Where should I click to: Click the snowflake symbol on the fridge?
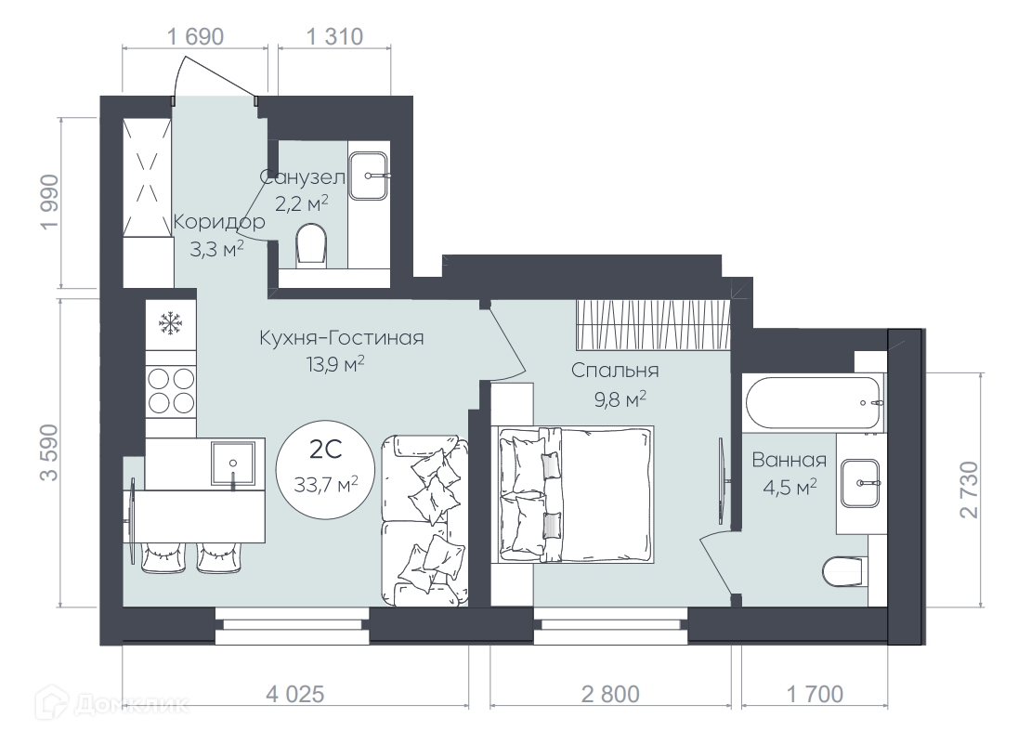170,322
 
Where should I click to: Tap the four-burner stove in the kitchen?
171,391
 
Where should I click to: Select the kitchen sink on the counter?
232,463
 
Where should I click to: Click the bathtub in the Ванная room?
813,402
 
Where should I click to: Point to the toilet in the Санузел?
311,246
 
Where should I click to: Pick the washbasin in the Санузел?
369,176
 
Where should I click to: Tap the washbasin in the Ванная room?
861,484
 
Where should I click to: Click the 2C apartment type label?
326,450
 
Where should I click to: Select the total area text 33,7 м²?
326,484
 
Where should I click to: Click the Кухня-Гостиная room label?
342,337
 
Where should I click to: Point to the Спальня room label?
615,371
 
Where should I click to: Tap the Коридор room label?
219,222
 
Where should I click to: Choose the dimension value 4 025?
294,694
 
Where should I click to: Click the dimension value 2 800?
610,694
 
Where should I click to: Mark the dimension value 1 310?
334,37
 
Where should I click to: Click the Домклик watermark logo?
112,704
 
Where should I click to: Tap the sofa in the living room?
424,521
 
